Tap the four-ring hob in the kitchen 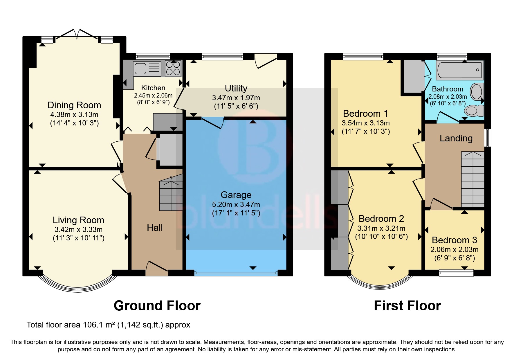click(173, 68)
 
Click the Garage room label click(236, 195)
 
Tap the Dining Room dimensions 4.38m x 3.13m click(74, 114)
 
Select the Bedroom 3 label click(454, 240)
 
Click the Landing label click(456, 138)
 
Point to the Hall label click(155, 228)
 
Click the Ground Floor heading click(157, 306)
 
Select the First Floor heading click(407, 306)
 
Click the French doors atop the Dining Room click(77, 34)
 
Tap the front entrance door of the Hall click(157, 268)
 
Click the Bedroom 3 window click(456, 272)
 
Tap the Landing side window click(488, 138)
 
